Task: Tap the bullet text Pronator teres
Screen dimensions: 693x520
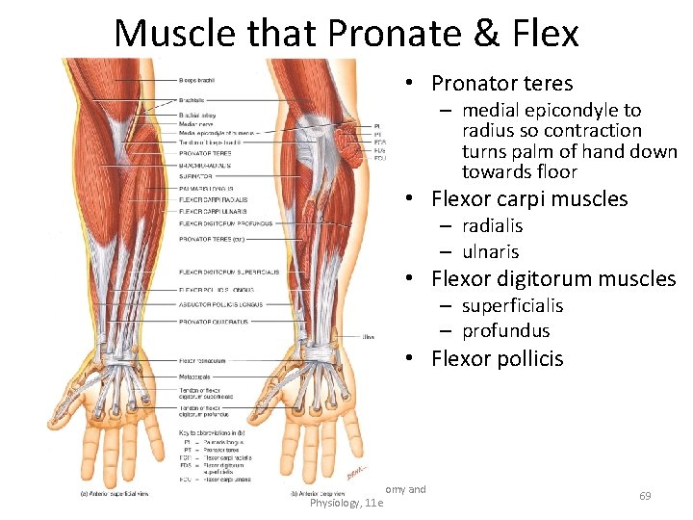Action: pos(501,84)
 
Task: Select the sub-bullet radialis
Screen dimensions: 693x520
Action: pos(492,225)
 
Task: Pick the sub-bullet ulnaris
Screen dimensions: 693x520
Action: pos(490,251)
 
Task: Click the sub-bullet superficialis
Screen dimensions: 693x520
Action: pos(512,305)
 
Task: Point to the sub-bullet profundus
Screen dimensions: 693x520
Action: pos(505,330)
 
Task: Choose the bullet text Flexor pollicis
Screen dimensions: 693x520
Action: pos(497,359)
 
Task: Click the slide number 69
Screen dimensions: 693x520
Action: pos(645,496)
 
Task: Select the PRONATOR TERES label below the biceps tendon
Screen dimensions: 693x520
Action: pos(204,153)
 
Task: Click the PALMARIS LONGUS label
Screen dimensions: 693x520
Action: pos(206,189)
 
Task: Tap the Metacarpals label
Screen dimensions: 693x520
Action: pos(197,375)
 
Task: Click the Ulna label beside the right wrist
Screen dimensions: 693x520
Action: pos(369,338)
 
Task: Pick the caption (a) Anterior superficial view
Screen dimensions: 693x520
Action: pos(115,494)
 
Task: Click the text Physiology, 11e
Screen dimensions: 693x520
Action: pos(346,503)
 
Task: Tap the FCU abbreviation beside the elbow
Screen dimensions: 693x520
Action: pos(380,159)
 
